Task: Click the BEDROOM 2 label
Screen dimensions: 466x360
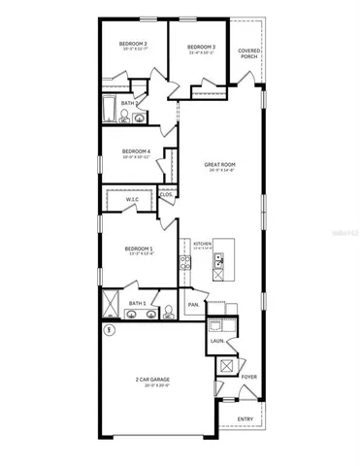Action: click(x=133, y=45)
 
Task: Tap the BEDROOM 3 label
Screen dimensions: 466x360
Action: click(x=200, y=47)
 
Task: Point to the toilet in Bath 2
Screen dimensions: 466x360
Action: click(x=124, y=116)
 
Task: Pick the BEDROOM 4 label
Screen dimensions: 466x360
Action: click(x=136, y=151)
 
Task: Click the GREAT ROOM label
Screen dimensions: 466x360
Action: click(x=220, y=166)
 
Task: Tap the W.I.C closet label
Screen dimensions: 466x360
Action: click(x=133, y=199)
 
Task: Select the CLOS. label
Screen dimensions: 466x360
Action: click(x=166, y=194)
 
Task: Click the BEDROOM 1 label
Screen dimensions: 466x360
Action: click(x=140, y=250)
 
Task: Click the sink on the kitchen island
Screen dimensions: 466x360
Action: click(x=219, y=259)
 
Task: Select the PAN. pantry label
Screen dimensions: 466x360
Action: click(x=193, y=304)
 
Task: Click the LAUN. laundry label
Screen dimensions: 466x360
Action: click(x=217, y=341)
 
